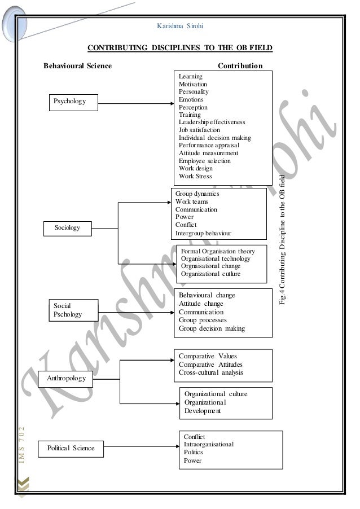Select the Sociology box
click(68, 228)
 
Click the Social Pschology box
click(67, 310)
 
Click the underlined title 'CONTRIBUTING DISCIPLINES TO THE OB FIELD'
click(180, 49)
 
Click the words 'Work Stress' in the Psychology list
click(195, 176)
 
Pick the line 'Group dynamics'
click(197, 194)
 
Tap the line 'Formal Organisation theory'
click(218, 251)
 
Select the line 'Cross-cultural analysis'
click(210, 372)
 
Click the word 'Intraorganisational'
click(209, 445)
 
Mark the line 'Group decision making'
click(212, 328)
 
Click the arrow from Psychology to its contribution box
click(135, 103)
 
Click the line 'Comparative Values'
click(208, 356)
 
